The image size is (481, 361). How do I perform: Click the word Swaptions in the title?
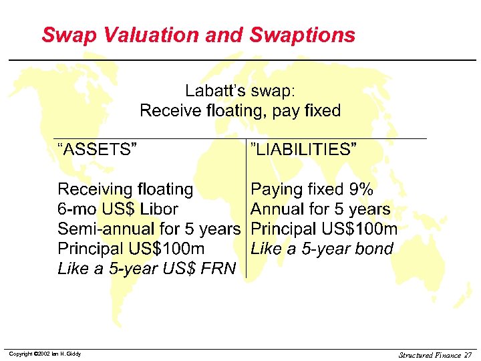pyautogui.click(x=302, y=35)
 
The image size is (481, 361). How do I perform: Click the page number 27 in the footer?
pyautogui.click(x=467, y=354)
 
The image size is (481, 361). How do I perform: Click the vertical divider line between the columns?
pyautogui.click(x=247, y=207)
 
